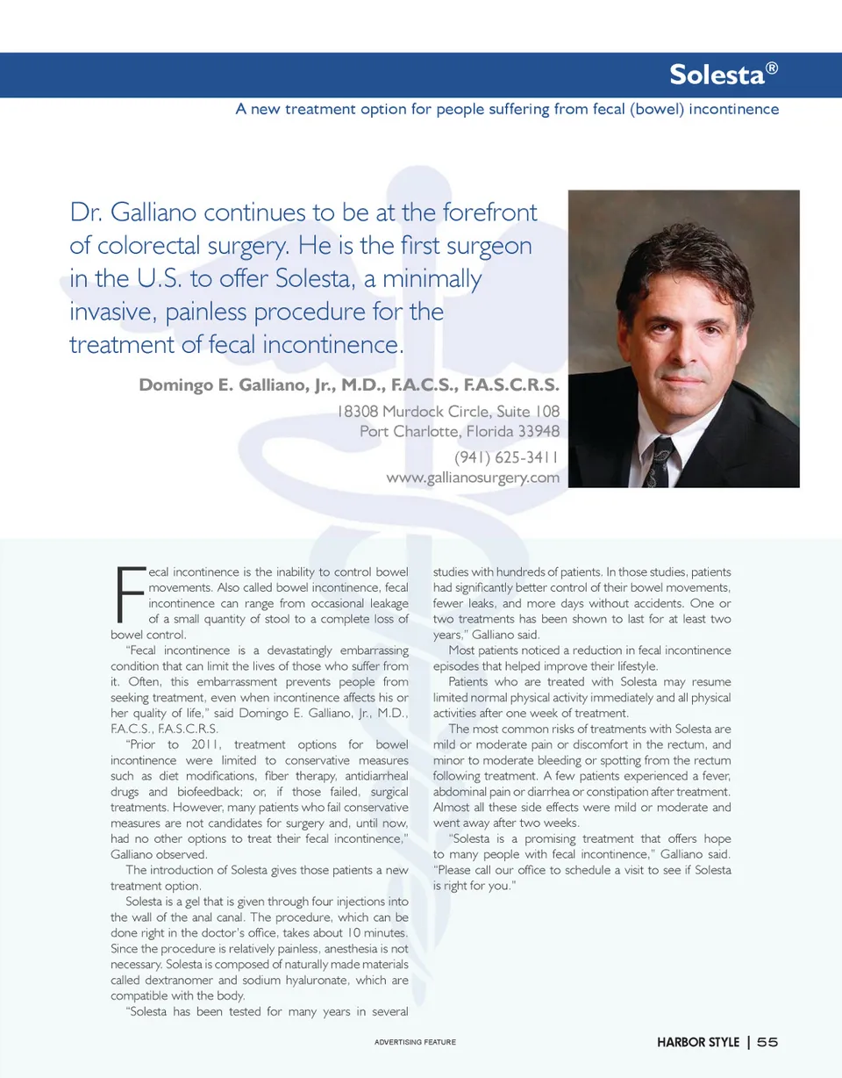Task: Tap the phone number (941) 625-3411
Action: tap(506, 457)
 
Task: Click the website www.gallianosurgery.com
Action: tap(472, 478)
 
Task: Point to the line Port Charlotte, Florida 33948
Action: tap(459, 431)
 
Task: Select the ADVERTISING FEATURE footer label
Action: tap(415, 1043)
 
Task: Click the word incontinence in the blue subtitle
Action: tap(735, 110)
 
